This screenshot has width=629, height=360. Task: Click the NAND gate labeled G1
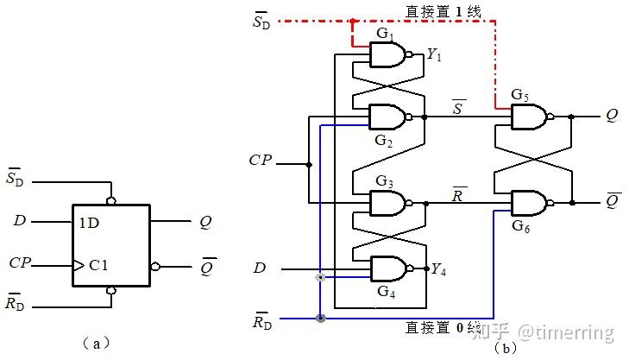[x=385, y=55]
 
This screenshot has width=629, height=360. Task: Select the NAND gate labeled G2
[x=385, y=117]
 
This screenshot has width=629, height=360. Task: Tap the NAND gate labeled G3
[x=385, y=204]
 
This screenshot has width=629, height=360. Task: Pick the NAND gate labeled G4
[x=385, y=268]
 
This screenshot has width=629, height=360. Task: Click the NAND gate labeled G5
[x=528, y=117]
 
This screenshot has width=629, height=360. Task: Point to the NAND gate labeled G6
[x=528, y=204]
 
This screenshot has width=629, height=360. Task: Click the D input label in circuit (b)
[x=259, y=268]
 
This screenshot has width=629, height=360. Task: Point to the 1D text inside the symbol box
[x=89, y=222]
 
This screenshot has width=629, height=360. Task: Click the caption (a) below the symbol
[x=97, y=344]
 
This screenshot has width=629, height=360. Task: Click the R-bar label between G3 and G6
[x=459, y=193]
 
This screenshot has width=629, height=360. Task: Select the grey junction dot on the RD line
[x=321, y=319]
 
